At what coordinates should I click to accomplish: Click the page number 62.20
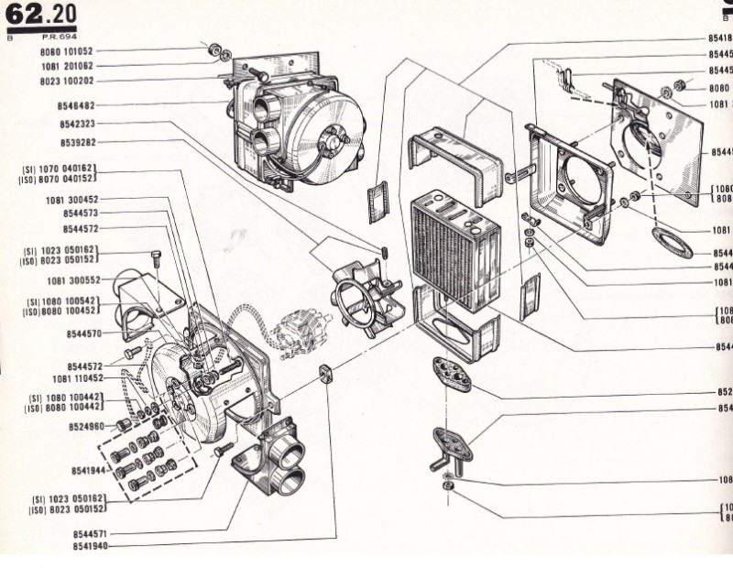click(41, 14)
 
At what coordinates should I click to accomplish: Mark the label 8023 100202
click(67, 81)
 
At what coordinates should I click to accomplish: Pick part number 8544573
click(81, 213)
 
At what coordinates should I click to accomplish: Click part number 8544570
click(81, 333)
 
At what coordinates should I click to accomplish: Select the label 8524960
click(86, 426)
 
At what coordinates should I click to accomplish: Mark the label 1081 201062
click(67, 66)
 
